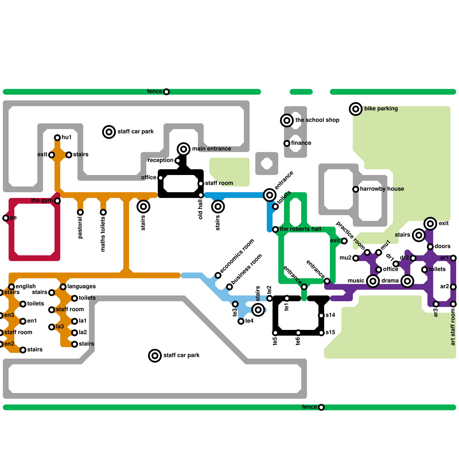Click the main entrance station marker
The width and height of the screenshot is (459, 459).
(x=184, y=149)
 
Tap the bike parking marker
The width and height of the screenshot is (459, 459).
(x=356, y=109)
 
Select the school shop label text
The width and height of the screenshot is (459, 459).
(x=317, y=120)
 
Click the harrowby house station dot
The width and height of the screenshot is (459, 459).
(x=356, y=189)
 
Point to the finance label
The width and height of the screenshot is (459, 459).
(x=301, y=143)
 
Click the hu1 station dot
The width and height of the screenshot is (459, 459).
(x=57, y=137)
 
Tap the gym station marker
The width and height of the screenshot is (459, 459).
(x=57, y=201)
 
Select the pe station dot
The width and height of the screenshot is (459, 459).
(x=6, y=218)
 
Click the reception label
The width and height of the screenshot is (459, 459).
(x=160, y=160)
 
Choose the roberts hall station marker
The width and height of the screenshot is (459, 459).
(x=275, y=229)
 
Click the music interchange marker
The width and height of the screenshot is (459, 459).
(x=373, y=281)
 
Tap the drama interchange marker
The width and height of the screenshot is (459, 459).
(x=407, y=281)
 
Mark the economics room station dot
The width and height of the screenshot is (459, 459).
(x=218, y=275)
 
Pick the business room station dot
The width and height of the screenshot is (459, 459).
(x=229, y=287)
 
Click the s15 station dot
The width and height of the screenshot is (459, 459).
(x=321, y=333)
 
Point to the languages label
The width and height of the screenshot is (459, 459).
(x=81, y=286)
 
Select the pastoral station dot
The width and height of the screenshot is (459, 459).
(x=80, y=212)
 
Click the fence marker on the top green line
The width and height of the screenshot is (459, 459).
(x=166, y=92)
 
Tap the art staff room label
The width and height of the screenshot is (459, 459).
(x=453, y=327)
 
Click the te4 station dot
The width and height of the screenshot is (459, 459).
(x=241, y=321)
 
